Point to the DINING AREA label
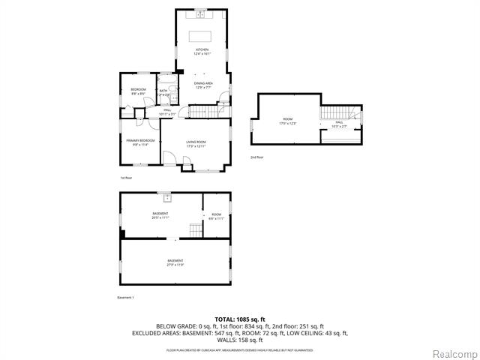tap(203, 85)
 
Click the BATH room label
tap(164, 93)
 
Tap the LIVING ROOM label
tap(196, 143)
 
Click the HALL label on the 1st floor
tap(167, 112)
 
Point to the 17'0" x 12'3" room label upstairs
tap(287, 121)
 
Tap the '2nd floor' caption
tap(257, 157)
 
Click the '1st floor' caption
tap(127, 178)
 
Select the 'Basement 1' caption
tap(125, 298)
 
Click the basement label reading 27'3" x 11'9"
tap(175, 262)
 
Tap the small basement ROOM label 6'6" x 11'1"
tap(216, 217)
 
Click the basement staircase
tap(195, 230)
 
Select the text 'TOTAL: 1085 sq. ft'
tap(240, 318)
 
